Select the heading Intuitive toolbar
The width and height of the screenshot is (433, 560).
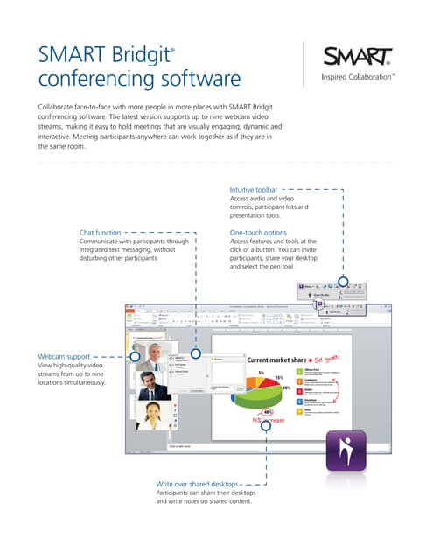coord(254,190)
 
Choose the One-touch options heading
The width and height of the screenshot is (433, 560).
coord(258,232)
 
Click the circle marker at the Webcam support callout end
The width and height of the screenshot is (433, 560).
coord(134,357)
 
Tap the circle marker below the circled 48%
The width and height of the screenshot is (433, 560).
coord(264,424)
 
